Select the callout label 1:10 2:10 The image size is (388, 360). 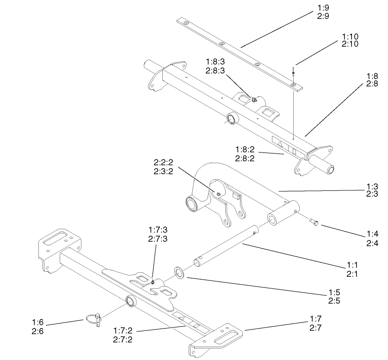click(350, 40)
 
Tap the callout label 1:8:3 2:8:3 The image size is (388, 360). click(216, 67)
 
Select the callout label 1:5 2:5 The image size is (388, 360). click(334, 297)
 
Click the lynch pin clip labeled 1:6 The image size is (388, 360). click(94, 319)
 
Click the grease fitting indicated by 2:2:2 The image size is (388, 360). click(218, 194)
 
